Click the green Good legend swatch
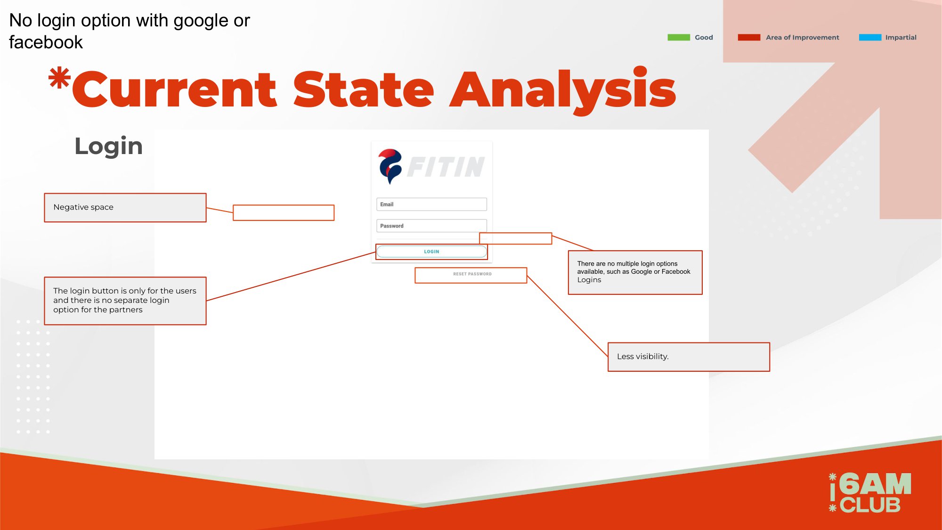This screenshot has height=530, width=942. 678,37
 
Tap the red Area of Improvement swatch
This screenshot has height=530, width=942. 749,37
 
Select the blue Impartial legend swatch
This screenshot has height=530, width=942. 870,37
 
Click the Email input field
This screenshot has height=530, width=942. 431,204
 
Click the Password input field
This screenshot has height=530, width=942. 431,226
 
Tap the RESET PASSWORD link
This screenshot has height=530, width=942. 472,274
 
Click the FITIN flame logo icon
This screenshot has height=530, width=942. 390,166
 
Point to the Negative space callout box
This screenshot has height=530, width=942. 125,207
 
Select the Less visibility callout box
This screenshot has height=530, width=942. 689,357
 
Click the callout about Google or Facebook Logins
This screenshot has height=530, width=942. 635,272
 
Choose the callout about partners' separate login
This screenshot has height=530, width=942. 125,301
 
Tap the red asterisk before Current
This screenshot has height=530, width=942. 59,78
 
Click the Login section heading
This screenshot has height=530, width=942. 108,146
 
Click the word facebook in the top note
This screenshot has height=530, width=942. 46,42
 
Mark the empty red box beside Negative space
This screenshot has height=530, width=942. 284,212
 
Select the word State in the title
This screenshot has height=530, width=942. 364,90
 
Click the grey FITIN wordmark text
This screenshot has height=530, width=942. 446,167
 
